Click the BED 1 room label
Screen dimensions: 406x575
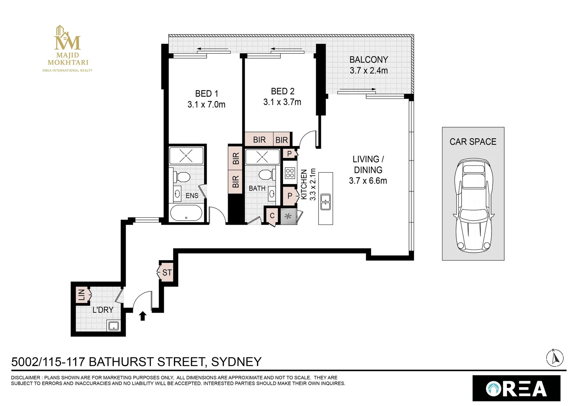[206, 94]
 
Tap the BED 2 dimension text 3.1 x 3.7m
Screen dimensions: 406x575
[282, 102]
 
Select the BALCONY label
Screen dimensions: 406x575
[368, 60]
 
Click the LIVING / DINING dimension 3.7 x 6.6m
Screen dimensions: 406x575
[368, 181]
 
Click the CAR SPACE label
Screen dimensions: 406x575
[473, 142]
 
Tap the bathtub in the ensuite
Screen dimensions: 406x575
[186, 214]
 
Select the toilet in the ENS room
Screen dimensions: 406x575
[183, 177]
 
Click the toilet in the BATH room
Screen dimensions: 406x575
[266, 174]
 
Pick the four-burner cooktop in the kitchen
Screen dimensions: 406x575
[290, 173]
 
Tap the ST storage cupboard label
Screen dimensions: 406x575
[167, 273]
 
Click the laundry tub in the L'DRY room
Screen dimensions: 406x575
[114, 325]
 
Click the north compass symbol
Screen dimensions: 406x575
[555, 358]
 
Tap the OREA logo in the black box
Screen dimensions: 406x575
[516, 388]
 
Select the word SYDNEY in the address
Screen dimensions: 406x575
[236, 362]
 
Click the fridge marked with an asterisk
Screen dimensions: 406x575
[289, 217]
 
